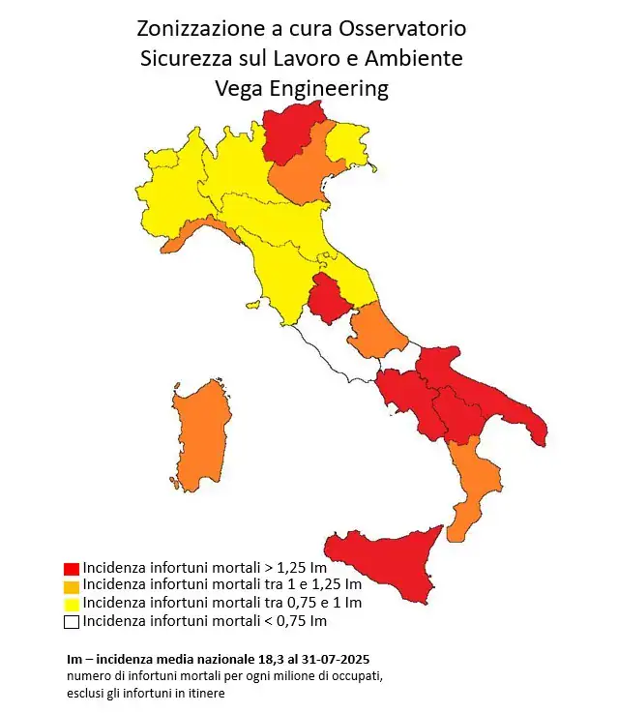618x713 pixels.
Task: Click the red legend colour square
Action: [71, 568]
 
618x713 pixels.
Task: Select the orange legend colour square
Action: [71, 585]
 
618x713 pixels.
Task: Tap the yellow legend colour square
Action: [71, 603]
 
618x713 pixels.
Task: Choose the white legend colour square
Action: [71, 621]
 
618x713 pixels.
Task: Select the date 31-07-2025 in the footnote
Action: [343, 659]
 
